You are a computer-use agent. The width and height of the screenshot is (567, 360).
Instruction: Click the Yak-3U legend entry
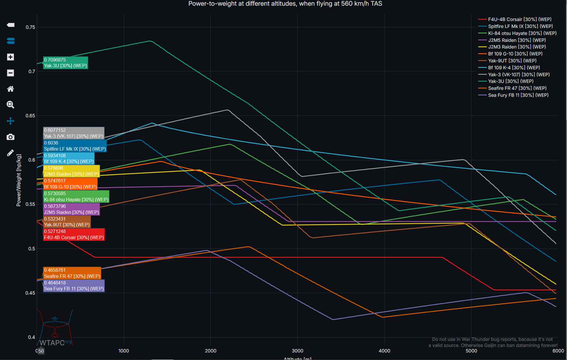tap(511, 81)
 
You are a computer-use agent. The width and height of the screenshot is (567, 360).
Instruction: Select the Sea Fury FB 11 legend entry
tap(518, 95)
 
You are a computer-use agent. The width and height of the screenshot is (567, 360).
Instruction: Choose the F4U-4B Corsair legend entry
tap(519, 19)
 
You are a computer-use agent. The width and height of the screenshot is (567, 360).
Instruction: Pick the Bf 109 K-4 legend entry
tap(514, 68)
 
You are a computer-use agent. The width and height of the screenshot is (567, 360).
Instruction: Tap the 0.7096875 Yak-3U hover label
tap(65, 63)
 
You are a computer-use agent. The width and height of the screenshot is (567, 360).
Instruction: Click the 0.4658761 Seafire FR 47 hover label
tap(72, 273)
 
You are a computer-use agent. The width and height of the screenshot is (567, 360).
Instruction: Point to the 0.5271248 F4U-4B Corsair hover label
tap(74, 234)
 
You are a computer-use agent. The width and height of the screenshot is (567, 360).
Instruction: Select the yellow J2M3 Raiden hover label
tap(71, 171)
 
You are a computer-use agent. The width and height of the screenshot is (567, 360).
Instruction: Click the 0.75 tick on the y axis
tap(30, 27)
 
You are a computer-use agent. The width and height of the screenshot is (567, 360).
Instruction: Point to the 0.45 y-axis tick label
tap(30, 293)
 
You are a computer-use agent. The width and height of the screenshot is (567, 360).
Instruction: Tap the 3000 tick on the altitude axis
tap(297, 351)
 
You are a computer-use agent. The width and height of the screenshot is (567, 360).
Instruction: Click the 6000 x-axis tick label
tap(558, 351)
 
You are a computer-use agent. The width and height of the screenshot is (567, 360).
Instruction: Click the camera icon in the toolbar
tap(11, 137)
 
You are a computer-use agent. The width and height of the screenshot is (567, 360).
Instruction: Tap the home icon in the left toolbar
tap(11, 89)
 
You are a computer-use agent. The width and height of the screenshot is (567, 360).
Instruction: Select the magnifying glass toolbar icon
tap(11, 105)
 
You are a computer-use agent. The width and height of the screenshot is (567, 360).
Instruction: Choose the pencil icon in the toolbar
tap(11, 153)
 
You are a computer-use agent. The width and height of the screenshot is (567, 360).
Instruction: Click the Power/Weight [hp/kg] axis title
tap(19, 180)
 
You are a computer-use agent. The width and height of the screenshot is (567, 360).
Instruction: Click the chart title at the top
tap(285, 4)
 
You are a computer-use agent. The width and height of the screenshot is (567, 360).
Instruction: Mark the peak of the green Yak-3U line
tap(150, 41)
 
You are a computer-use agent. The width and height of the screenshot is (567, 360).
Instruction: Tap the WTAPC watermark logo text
tap(52, 343)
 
